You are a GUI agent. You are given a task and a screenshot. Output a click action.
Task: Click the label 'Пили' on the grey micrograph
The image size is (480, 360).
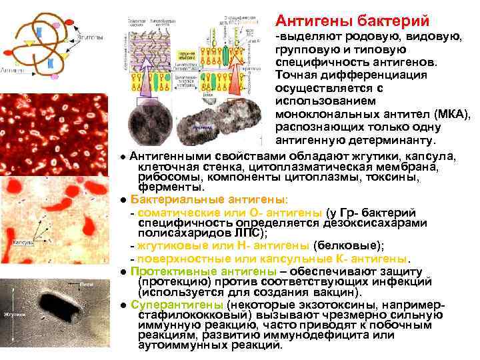(85, 283)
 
